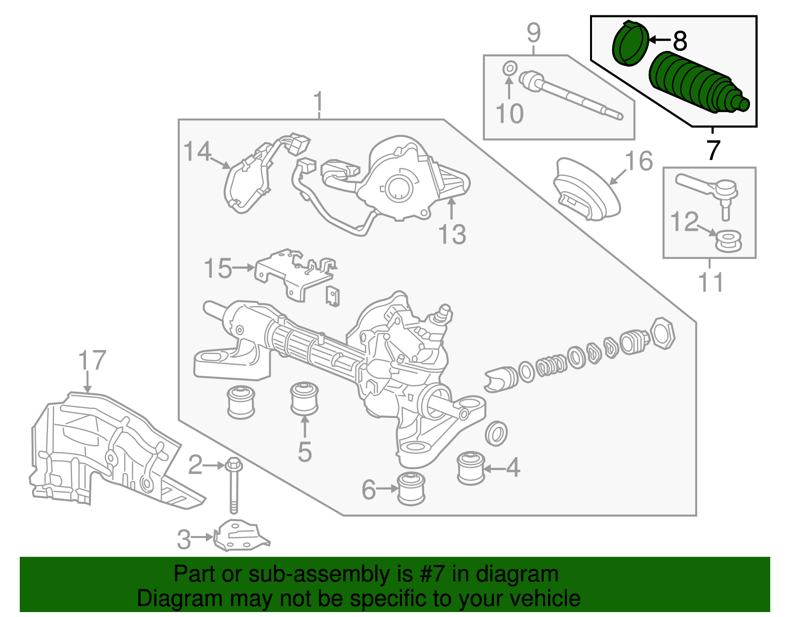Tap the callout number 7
(x=713, y=150)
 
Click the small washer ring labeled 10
(x=510, y=68)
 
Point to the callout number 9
(x=533, y=33)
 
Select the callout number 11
(x=711, y=283)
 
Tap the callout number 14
(x=197, y=151)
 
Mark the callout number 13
(x=452, y=234)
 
